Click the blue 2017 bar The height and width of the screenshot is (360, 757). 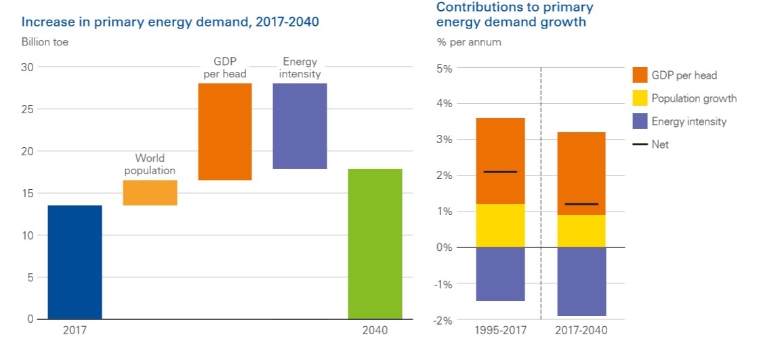click(x=75, y=262)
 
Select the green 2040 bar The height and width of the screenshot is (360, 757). click(x=375, y=243)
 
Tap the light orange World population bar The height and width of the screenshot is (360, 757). click(x=150, y=193)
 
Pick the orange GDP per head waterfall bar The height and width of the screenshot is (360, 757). click(x=225, y=132)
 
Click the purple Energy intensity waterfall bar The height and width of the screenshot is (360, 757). click(x=300, y=125)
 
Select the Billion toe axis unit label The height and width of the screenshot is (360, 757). click(x=45, y=42)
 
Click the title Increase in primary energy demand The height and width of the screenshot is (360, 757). click(x=170, y=22)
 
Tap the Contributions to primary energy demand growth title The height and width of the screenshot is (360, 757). click(x=514, y=14)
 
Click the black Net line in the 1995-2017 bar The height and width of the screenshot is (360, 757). click(x=501, y=172)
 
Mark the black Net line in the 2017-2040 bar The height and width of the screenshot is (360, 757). click(x=581, y=204)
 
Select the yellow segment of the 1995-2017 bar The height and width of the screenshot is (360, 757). click(x=501, y=225)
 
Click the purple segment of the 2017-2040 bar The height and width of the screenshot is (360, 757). click(x=581, y=281)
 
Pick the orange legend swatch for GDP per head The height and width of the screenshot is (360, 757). click(x=640, y=75)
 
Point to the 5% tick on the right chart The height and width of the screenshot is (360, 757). click(x=444, y=68)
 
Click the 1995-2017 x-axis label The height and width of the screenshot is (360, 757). click(x=501, y=330)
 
